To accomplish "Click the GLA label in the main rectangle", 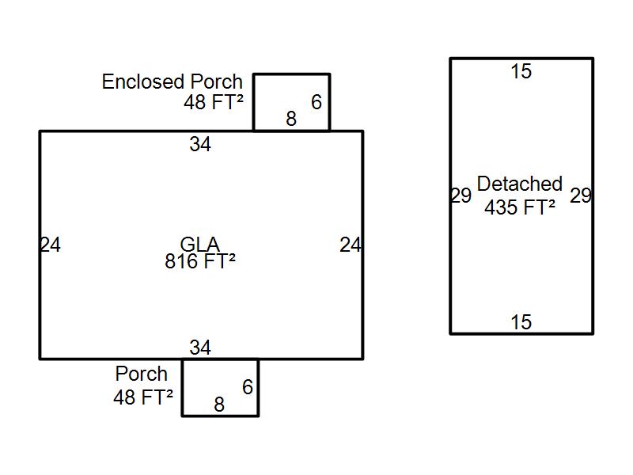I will coord(199,245).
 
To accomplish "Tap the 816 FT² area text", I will coord(199,261).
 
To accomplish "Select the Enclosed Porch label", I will coord(172,82).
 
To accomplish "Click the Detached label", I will coord(520,184).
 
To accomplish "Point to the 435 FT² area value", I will coord(520,207).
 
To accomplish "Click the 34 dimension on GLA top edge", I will coord(200,144).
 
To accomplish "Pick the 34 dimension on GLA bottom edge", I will coord(200,347).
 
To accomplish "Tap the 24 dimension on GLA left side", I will coord(50,245).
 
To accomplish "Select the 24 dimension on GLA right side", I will coord(351,245).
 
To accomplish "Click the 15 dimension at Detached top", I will coord(521,71).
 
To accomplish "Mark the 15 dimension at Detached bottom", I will coord(521,322).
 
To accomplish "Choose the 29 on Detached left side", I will coord(461,196).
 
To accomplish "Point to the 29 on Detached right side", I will coord(581,196).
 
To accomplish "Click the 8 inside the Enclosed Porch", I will coord(291,119).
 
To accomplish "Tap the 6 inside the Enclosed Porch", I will coord(316,102).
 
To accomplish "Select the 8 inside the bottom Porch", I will coord(219,405).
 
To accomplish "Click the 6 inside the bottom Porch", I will coord(248,387).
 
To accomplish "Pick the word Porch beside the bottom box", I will coord(142,374).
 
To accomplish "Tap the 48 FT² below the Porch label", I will coord(143,397).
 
